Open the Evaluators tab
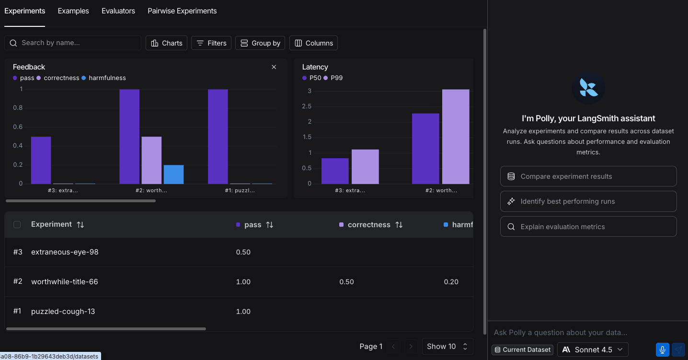click(118, 11)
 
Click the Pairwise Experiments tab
click(182, 11)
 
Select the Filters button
click(211, 43)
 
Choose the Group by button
click(261, 43)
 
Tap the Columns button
click(313, 43)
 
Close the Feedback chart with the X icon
click(274, 67)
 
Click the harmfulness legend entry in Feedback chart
click(107, 78)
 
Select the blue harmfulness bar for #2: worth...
click(173, 174)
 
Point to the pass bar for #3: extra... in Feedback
click(41, 160)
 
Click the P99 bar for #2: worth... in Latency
click(455, 137)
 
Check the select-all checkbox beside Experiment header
click(17, 224)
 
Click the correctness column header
click(369, 225)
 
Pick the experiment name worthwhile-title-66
click(65, 282)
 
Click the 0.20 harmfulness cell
click(451, 282)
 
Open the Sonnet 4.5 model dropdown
click(593, 349)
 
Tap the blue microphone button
click(662, 349)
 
